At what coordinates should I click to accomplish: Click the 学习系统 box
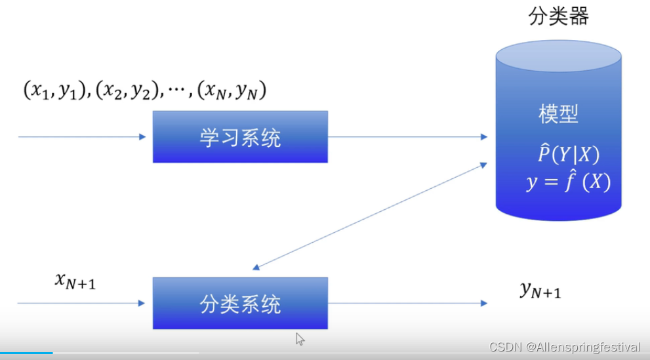tap(240, 136)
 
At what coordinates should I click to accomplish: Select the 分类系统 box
tap(240, 303)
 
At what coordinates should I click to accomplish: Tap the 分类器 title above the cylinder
tap(558, 16)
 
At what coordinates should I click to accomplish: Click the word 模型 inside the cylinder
tap(558, 115)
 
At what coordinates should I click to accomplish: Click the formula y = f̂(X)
tap(568, 181)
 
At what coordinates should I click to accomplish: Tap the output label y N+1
tap(540, 289)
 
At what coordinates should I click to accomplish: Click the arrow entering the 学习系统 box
tap(82, 136)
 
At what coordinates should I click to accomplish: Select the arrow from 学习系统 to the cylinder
tap(407, 136)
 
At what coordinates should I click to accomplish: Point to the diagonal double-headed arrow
tap(370, 215)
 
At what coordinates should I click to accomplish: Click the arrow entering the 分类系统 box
tap(82, 303)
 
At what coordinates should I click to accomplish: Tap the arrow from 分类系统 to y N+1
tap(407, 303)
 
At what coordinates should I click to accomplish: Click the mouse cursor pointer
tap(300, 338)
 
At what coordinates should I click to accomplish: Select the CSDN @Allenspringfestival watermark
tap(564, 347)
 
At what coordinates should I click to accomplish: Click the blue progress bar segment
tap(26, 353)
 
